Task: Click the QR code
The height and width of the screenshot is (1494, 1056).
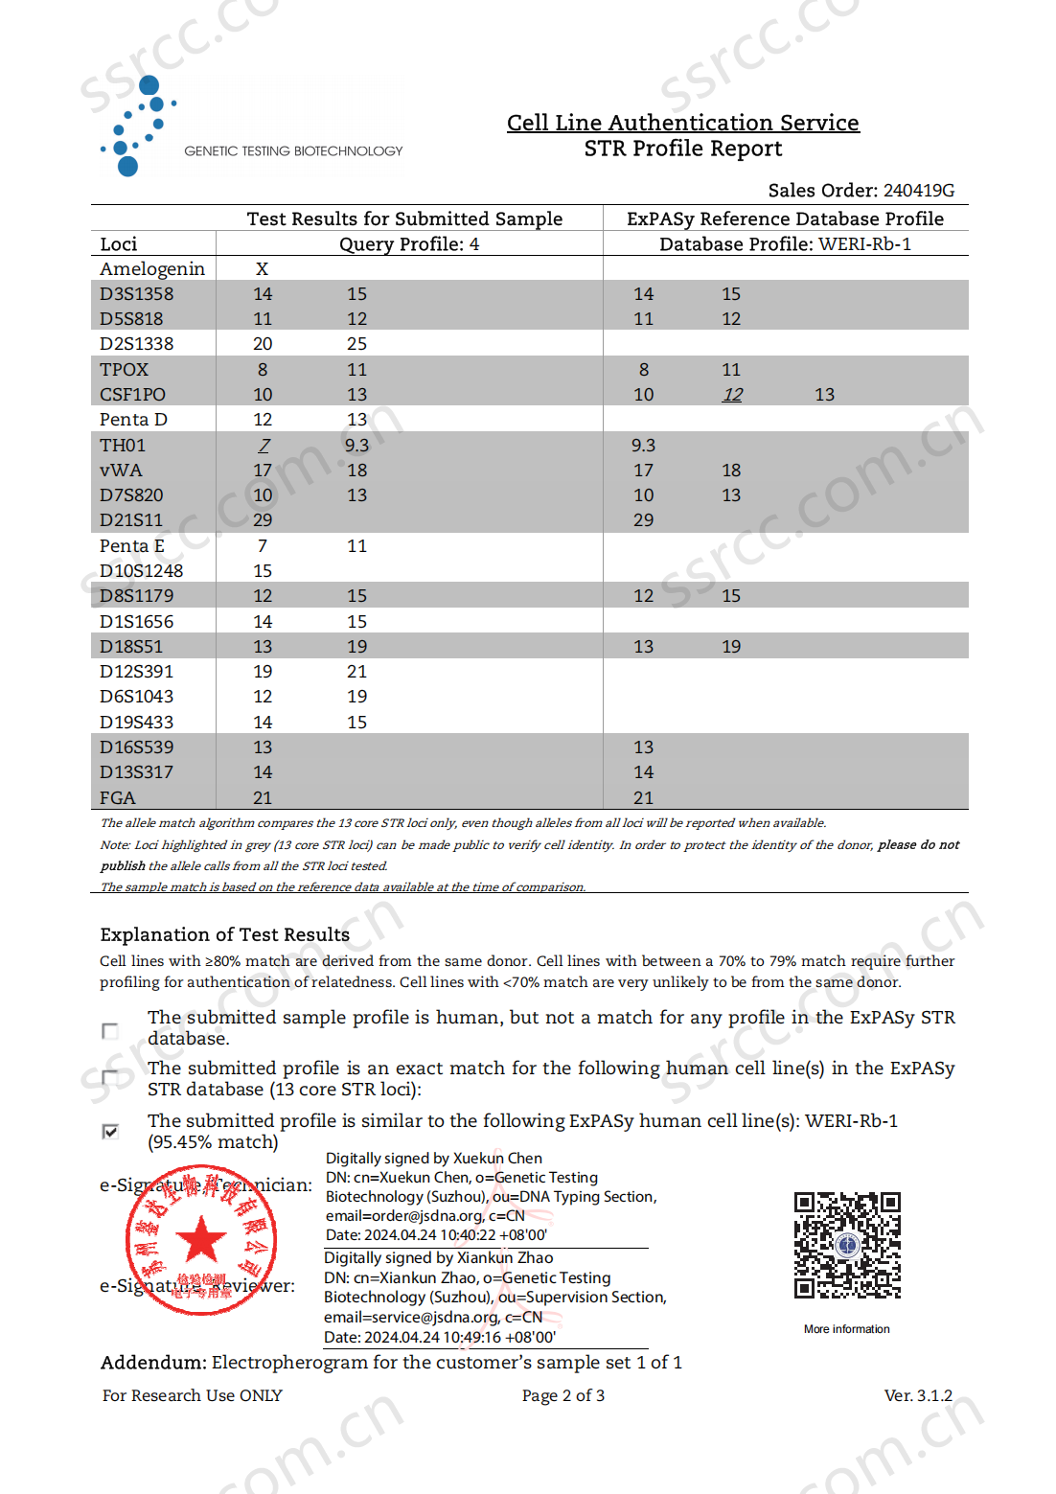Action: click(x=847, y=1245)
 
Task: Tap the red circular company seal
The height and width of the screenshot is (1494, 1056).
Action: click(x=201, y=1240)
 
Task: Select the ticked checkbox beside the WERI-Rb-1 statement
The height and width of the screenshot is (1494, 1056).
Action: click(x=110, y=1132)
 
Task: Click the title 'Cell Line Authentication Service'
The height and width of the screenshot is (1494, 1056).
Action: click(x=682, y=123)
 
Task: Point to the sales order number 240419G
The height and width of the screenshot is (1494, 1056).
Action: click(x=918, y=191)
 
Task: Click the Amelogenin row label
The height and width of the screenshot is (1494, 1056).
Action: click(x=152, y=269)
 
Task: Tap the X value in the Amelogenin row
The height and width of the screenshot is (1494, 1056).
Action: click(x=262, y=269)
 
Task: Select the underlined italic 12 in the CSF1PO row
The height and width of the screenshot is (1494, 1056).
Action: click(x=732, y=395)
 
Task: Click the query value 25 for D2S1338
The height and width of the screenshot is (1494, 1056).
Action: click(x=356, y=344)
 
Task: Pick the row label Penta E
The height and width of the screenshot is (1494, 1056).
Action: click(x=132, y=546)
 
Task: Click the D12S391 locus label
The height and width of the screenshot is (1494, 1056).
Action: click(x=137, y=672)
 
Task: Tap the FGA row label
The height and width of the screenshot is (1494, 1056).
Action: click(x=118, y=798)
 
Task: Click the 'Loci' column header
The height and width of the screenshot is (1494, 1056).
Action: click(x=119, y=244)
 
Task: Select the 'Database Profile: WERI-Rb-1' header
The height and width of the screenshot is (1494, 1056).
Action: click(x=785, y=244)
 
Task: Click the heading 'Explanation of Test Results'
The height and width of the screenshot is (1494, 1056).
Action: click(x=224, y=934)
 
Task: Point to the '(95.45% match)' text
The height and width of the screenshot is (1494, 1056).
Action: click(x=213, y=1142)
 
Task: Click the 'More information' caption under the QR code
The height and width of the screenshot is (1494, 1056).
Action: click(x=846, y=1329)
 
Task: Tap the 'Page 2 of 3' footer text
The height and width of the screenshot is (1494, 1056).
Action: click(x=562, y=1395)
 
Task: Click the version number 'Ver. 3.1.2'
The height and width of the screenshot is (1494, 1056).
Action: click(x=917, y=1395)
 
